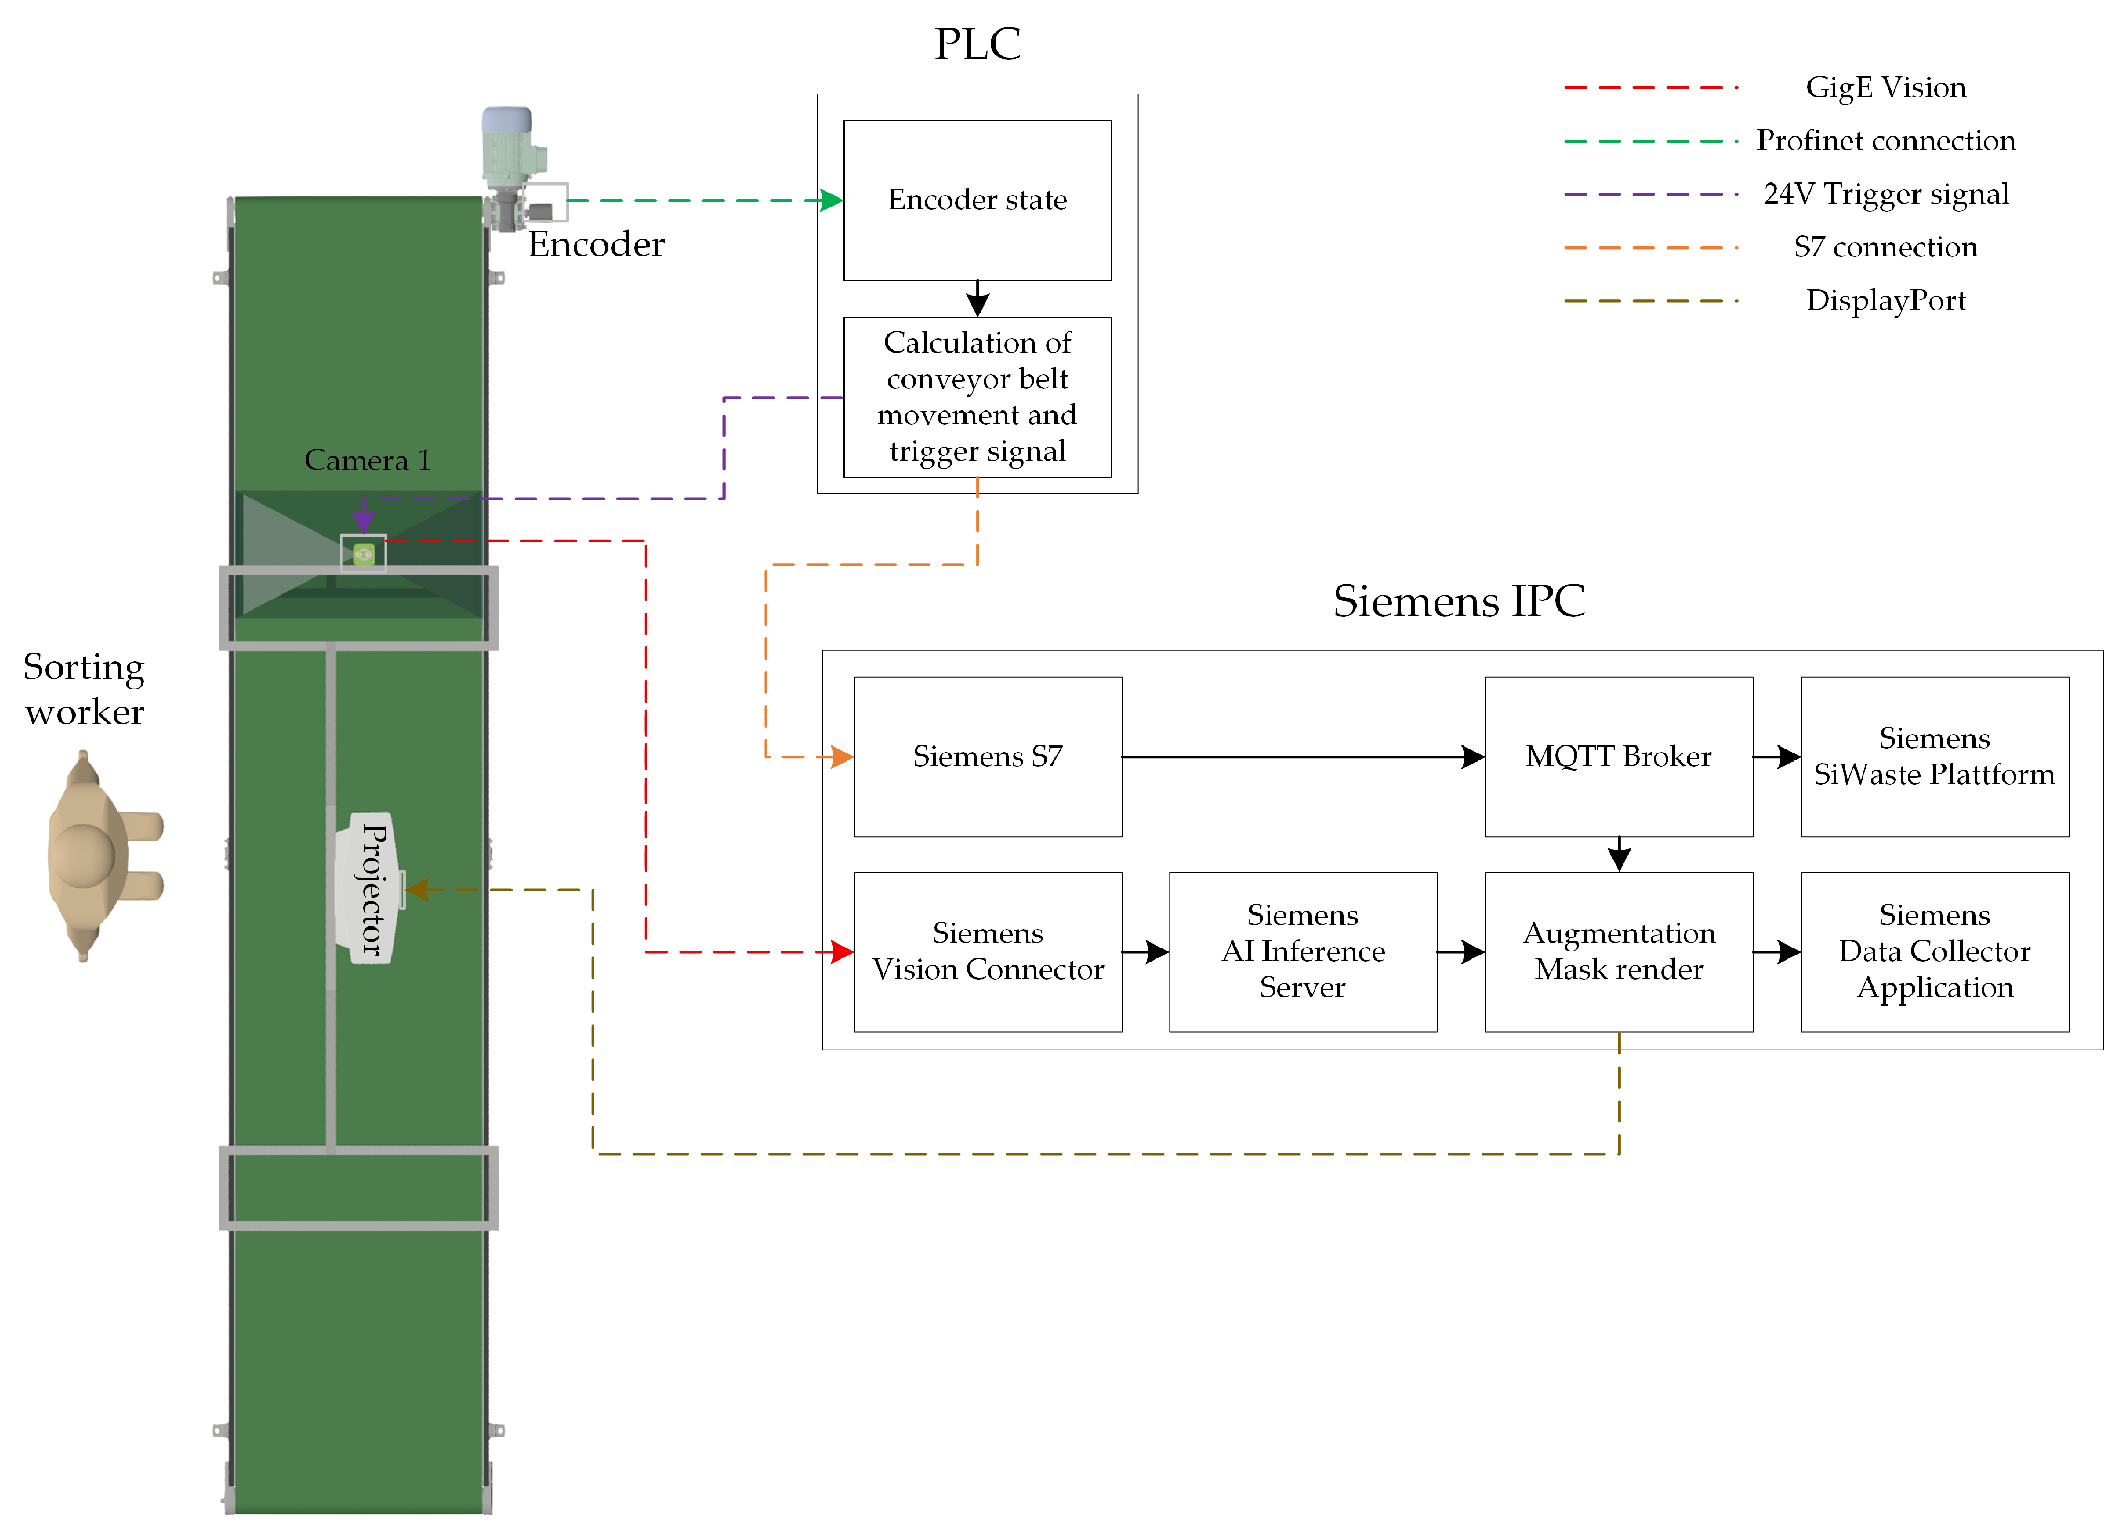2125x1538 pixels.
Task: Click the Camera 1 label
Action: [367, 460]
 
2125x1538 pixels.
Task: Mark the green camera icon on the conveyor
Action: [364, 555]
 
